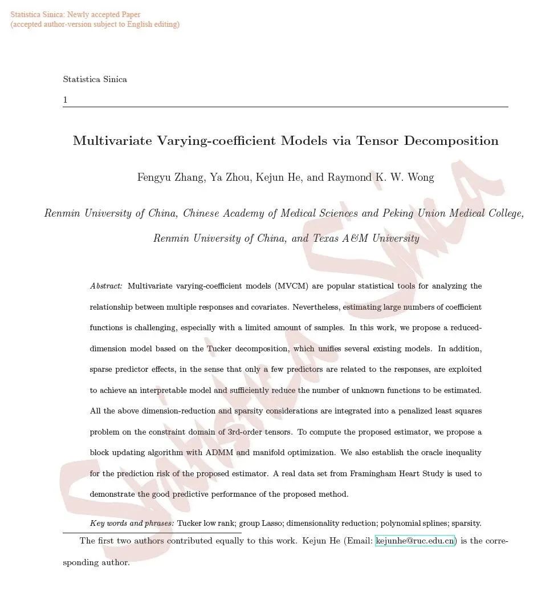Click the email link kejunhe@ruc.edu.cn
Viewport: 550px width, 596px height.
tap(415, 541)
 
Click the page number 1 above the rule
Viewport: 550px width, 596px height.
tap(65, 100)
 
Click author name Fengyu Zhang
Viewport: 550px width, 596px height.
tap(170, 177)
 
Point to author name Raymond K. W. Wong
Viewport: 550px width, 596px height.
tap(380, 177)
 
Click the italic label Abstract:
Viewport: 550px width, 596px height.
tap(106, 286)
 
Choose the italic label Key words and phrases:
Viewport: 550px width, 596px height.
tap(132, 523)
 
